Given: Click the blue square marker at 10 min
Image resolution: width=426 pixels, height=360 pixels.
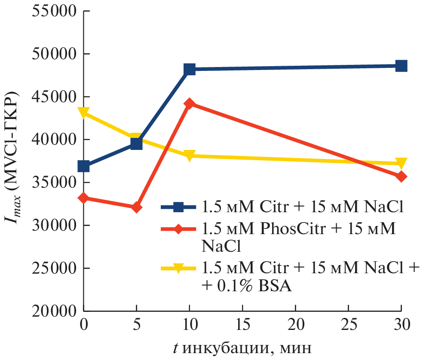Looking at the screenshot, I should [x=190, y=69].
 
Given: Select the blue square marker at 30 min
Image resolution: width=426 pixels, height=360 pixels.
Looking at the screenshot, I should [x=401, y=66].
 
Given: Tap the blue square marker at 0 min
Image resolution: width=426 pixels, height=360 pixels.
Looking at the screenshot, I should [x=84, y=166].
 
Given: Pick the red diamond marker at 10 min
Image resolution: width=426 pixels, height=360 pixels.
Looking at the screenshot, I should [x=190, y=104].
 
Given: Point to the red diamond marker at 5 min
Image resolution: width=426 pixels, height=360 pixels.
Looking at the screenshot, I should [x=137, y=207].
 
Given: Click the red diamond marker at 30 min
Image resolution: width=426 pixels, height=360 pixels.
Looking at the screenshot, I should [x=401, y=177].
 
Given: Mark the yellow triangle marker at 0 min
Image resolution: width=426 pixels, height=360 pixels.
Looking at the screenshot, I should [x=84, y=113].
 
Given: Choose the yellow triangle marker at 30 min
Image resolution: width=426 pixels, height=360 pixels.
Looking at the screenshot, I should [x=401, y=163].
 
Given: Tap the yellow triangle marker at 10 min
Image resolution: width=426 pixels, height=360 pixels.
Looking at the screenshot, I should [x=190, y=156].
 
